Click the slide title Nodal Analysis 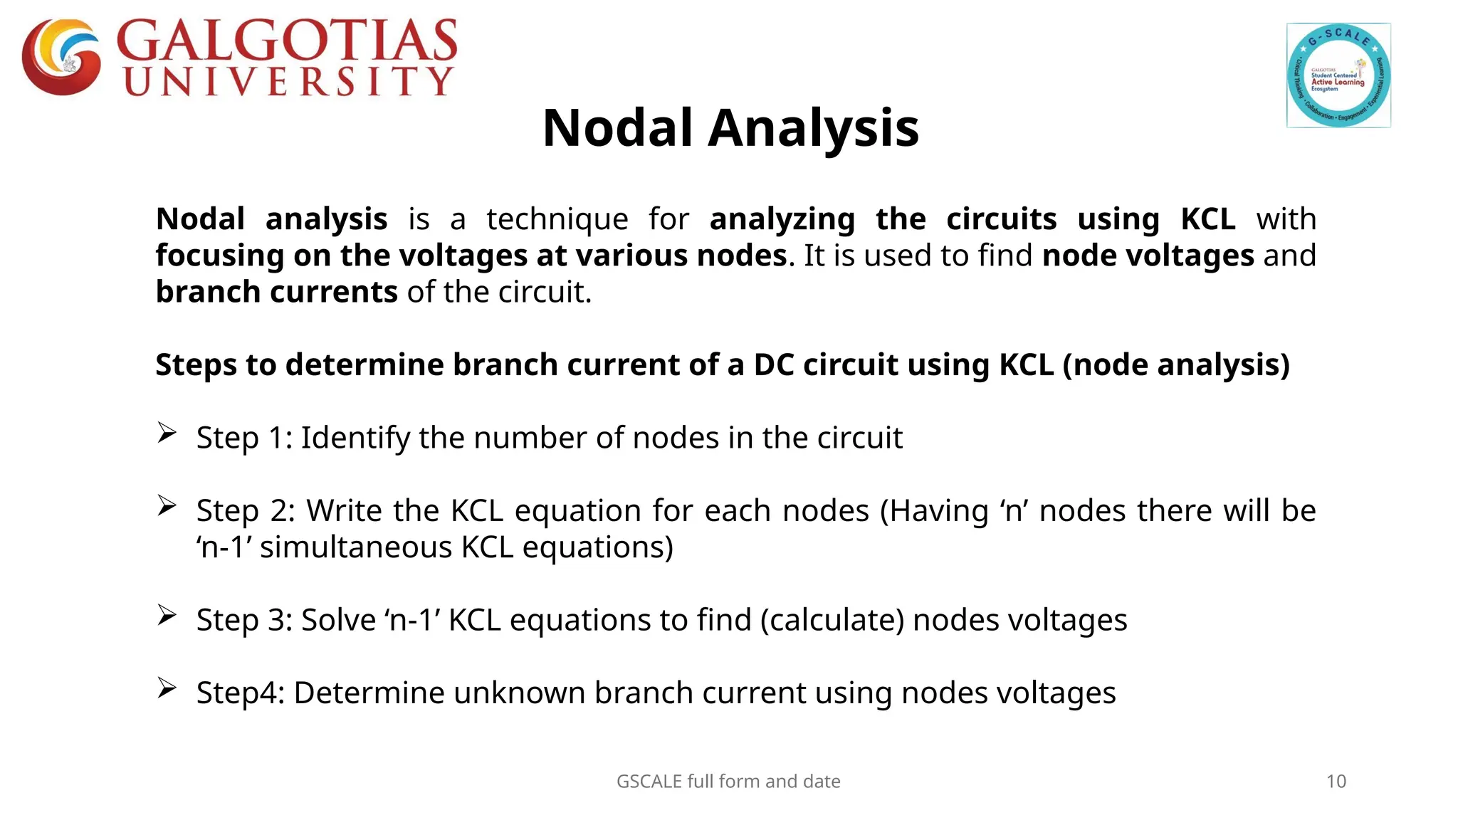pyautogui.click(x=730, y=129)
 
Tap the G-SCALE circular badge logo pyautogui.click(x=1338, y=75)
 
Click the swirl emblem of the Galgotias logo pyautogui.click(x=61, y=57)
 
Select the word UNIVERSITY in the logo pyautogui.click(x=289, y=81)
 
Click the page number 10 pyautogui.click(x=1336, y=782)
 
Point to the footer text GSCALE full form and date pyautogui.click(x=728, y=782)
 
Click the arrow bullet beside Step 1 pyautogui.click(x=167, y=433)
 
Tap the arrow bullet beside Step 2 pyautogui.click(x=167, y=505)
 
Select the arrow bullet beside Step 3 pyautogui.click(x=167, y=615)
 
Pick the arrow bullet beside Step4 pyautogui.click(x=167, y=688)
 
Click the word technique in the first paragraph pyautogui.click(x=557, y=219)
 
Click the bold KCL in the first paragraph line pyautogui.click(x=1207, y=219)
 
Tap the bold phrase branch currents pyautogui.click(x=276, y=293)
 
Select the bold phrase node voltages pyautogui.click(x=1148, y=256)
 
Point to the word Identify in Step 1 pyautogui.click(x=355, y=438)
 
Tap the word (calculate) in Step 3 pyautogui.click(x=832, y=620)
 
